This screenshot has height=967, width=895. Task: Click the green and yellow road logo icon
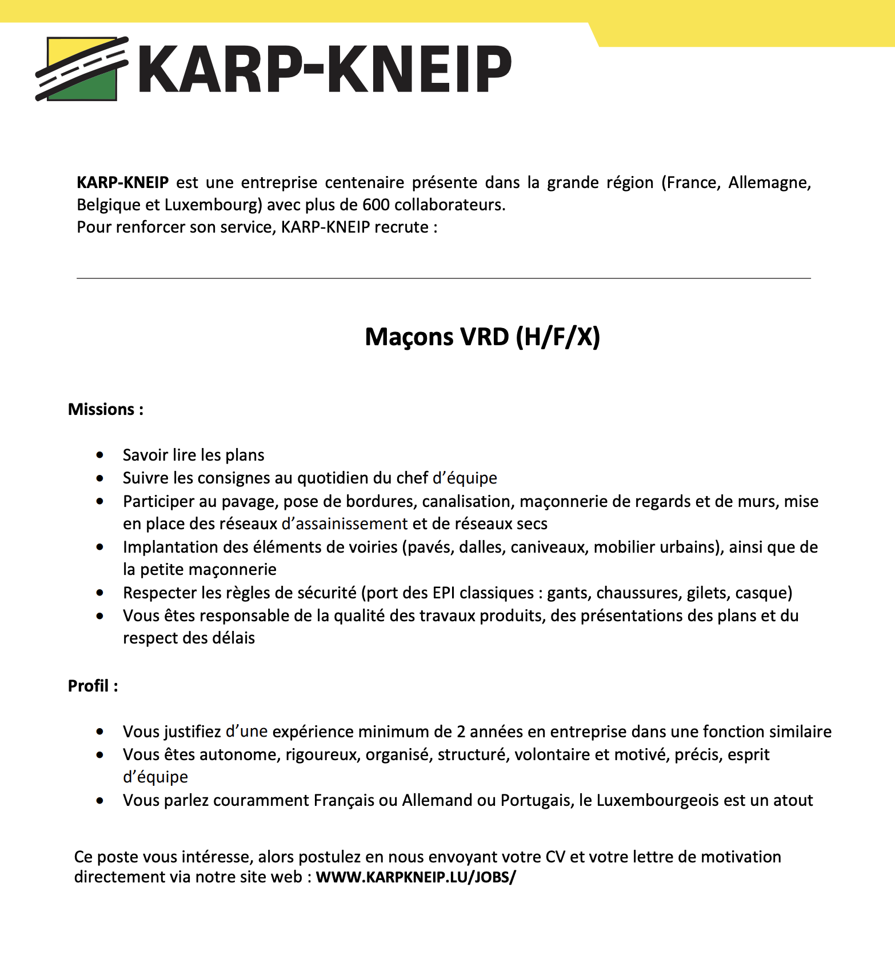(82, 69)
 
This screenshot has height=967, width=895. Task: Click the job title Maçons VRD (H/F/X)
(482, 337)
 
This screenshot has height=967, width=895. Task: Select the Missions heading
(105, 409)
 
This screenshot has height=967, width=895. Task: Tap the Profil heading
(93, 686)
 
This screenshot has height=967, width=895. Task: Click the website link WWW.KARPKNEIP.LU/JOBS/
(415, 877)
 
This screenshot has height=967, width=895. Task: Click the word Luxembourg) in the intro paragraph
(213, 205)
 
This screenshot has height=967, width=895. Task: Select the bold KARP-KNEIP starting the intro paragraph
(122, 182)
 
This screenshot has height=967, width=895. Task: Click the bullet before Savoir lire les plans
(101, 455)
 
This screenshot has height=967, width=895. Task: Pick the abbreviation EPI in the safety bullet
(443, 593)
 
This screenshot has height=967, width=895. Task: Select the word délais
(233, 638)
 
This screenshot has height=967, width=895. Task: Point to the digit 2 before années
(461, 732)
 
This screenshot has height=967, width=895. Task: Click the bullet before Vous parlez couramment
(101, 800)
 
